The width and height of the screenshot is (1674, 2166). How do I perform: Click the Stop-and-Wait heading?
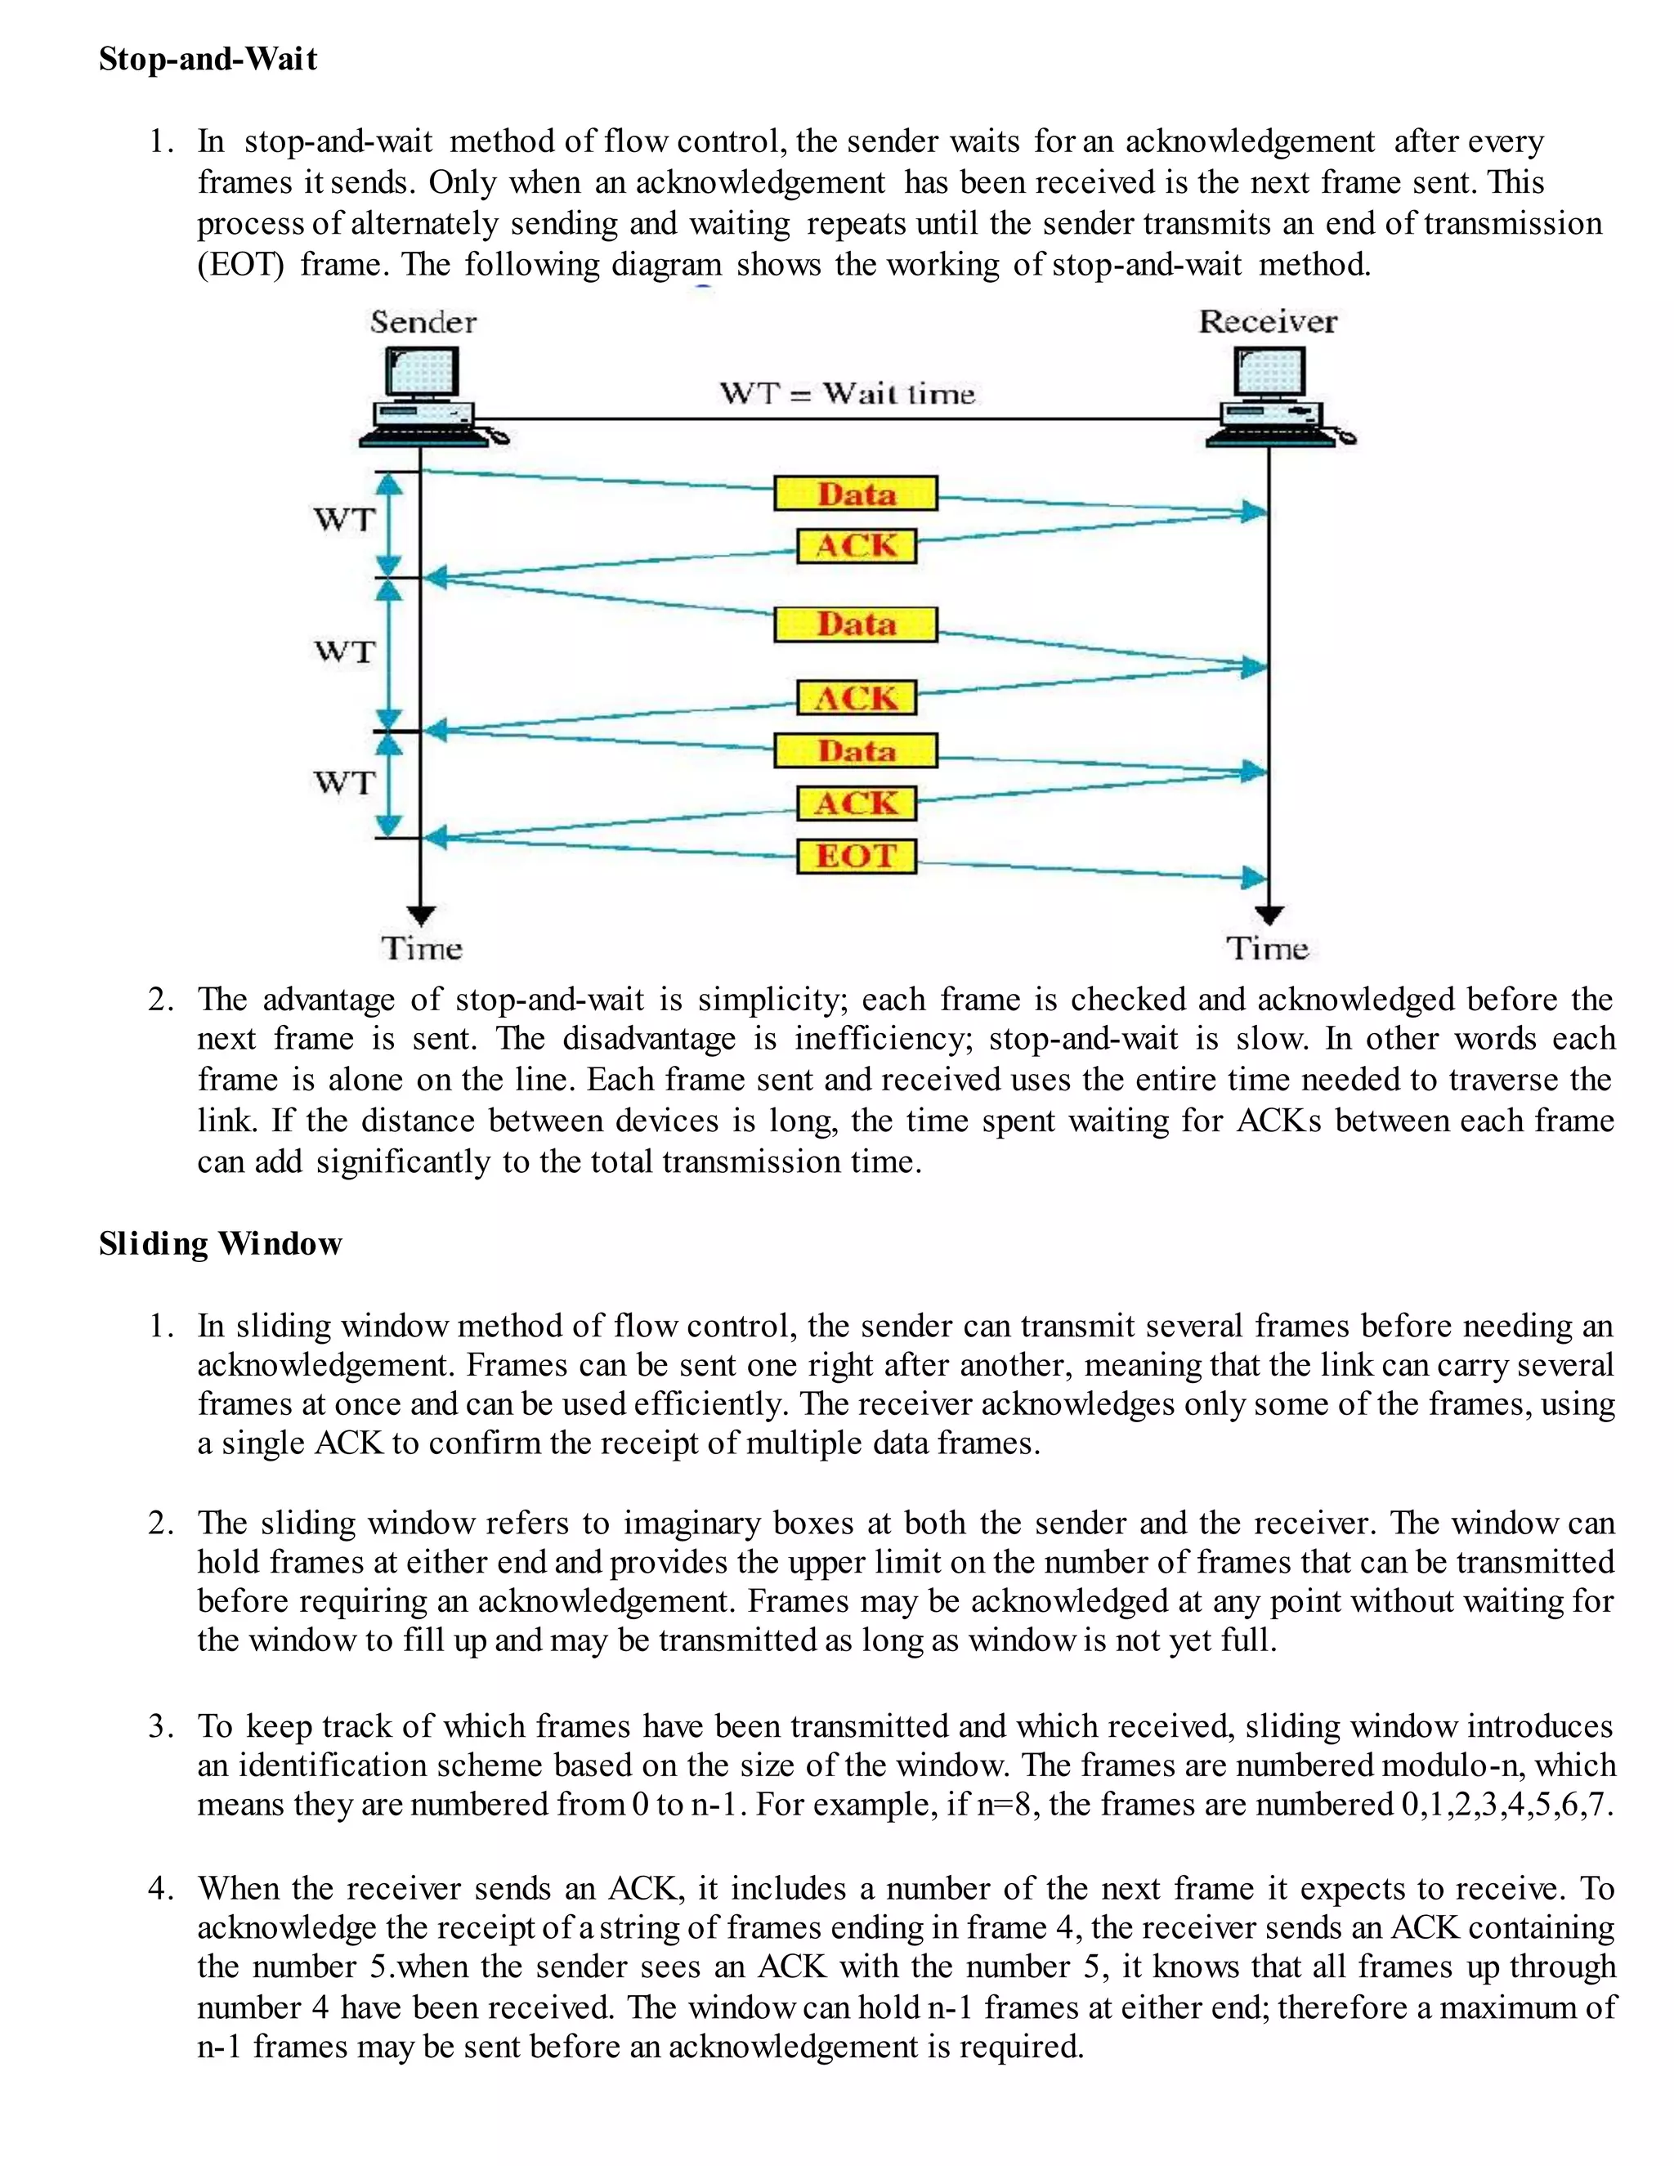pos(208,59)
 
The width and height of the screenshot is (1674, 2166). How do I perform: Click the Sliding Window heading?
pos(220,1244)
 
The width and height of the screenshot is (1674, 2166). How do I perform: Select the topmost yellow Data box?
pos(855,494)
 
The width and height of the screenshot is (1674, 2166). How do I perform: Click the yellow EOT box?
pos(856,855)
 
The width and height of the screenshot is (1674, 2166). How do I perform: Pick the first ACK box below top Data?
pos(856,545)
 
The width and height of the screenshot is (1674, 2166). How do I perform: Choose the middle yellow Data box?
pos(855,624)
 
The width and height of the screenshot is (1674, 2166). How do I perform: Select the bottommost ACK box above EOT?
pos(856,803)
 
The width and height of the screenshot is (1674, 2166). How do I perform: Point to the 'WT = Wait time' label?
pos(847,394)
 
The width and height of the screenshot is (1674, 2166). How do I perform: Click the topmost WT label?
pos(344,519)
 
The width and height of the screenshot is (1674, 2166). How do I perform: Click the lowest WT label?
pos(344,782)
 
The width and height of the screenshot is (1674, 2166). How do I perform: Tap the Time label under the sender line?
pos(422,949)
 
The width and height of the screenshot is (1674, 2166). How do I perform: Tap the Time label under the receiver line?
pos(1268,949)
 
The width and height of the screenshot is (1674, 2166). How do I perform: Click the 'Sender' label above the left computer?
pos(423,322)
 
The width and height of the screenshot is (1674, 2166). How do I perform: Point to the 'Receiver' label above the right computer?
pos(1268,321)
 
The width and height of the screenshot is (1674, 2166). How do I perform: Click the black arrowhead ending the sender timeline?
pos(422,915)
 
